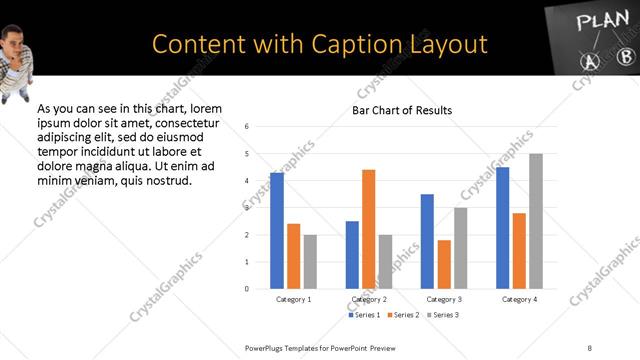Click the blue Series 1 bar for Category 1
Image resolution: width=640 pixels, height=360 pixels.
click(x=277, y=231)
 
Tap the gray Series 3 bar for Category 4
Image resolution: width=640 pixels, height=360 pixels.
click(x=536, y=221)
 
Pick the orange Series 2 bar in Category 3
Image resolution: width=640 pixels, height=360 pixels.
click(x=444, y=264)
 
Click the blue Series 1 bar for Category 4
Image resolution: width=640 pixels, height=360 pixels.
click(x=502, y=228)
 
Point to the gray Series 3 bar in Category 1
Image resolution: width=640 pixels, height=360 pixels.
click(x=310, y=262)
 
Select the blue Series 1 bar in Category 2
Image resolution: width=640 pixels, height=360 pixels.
click(x=352, y=255)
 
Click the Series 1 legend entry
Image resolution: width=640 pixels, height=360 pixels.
click(x=364, y=315)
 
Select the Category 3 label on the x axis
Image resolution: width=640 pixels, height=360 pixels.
click(x=444, y=299)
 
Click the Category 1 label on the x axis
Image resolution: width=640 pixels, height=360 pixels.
click(x=293, y=299)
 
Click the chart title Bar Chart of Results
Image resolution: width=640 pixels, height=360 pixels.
click(x=402, y=110)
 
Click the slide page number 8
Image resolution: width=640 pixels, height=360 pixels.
click(x=590, y=348)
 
